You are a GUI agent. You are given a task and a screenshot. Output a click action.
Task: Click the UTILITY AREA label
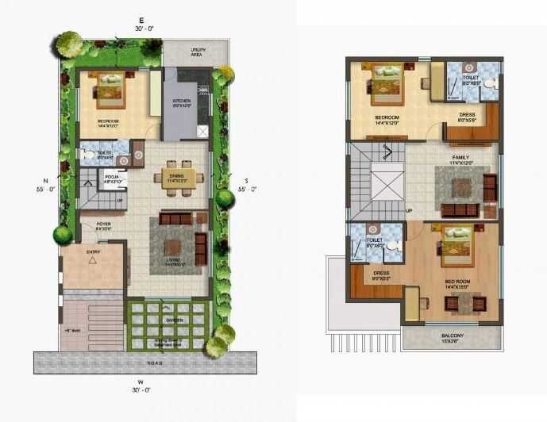point(198,52)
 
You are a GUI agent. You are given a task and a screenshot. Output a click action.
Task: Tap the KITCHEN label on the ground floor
point(183,102)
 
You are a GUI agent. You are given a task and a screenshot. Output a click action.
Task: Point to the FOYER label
point(103,224)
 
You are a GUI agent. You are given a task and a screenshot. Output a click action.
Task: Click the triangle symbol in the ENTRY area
point(92,259)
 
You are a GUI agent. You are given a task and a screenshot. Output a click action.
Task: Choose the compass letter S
point(247,180)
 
